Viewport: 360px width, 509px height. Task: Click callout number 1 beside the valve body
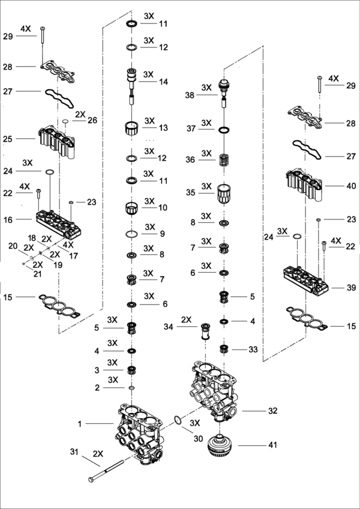pyautogui.click(x=79, y=424)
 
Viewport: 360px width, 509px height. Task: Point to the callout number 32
pyautogui.click(x=272, y=411)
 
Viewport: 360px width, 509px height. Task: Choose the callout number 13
pyautogui.click(x=163, y=128)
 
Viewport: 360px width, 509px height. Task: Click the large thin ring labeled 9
pyautogui.click(x=133, y=233)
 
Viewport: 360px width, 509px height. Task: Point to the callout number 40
pyautogui.click(x=351, y=186)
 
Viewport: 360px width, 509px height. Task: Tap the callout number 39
pyautogui.click(x=351, y=288)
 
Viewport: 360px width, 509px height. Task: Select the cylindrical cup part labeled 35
pyautogui.click(x=223, y=195)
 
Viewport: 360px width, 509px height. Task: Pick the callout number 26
pyautogui.click(x=92, y=121)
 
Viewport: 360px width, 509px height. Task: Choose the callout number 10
pyautogui.click(x=163, y=208)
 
